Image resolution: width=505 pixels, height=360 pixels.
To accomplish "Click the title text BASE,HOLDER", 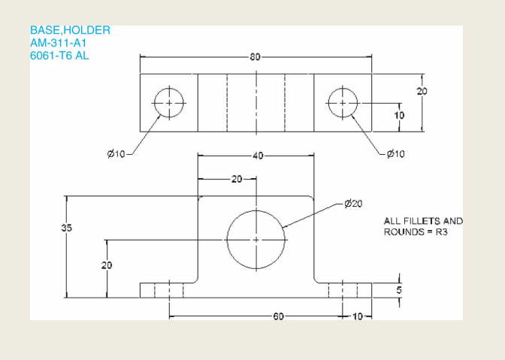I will click(x=70, y=31).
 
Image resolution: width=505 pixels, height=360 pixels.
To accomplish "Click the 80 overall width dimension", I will click(x=256, y=57).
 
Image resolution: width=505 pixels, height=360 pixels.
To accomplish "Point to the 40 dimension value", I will click(x=258, y=156).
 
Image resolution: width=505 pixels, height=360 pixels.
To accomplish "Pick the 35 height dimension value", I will click(x=66, y=229).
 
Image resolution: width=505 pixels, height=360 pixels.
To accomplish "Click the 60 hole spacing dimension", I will click(x=279, y=316).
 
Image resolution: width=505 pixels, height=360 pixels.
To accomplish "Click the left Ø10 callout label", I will click(x=116, y=154).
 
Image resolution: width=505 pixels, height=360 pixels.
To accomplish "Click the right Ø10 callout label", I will click(x=395, y=154).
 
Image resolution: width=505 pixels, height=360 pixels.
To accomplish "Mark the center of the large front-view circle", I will click(x=256, y=239).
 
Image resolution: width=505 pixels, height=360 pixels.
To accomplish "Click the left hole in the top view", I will click(x=169, y=102).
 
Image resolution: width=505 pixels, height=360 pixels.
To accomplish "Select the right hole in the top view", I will click(x=343, y=102).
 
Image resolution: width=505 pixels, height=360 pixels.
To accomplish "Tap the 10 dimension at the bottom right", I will click(x=356, y=316).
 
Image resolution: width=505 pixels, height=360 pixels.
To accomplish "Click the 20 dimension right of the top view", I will click(x=422, y=90).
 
